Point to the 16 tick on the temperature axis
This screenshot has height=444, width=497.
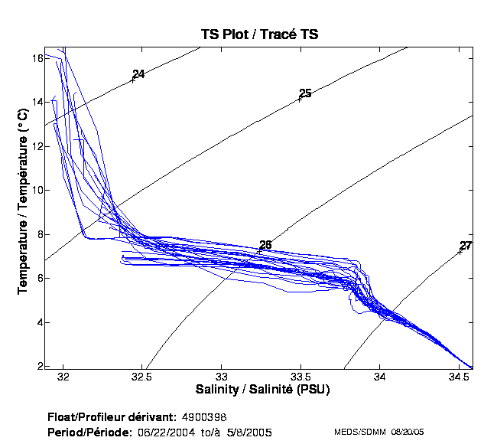[x=36, y=58]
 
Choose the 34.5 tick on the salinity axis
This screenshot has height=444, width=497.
[x=458, y=377]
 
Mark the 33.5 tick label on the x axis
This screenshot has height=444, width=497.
[x=302, y=377]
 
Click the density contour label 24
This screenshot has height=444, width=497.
[x=138, y=74]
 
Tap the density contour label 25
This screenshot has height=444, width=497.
[x=305, y=93]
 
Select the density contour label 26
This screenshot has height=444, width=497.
[x=265, y=245]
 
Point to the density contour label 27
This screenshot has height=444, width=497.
[x=466, y=246]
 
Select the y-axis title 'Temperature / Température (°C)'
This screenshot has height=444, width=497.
[x=22, y=202]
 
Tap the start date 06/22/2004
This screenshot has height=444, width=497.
[x=167, y=433]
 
